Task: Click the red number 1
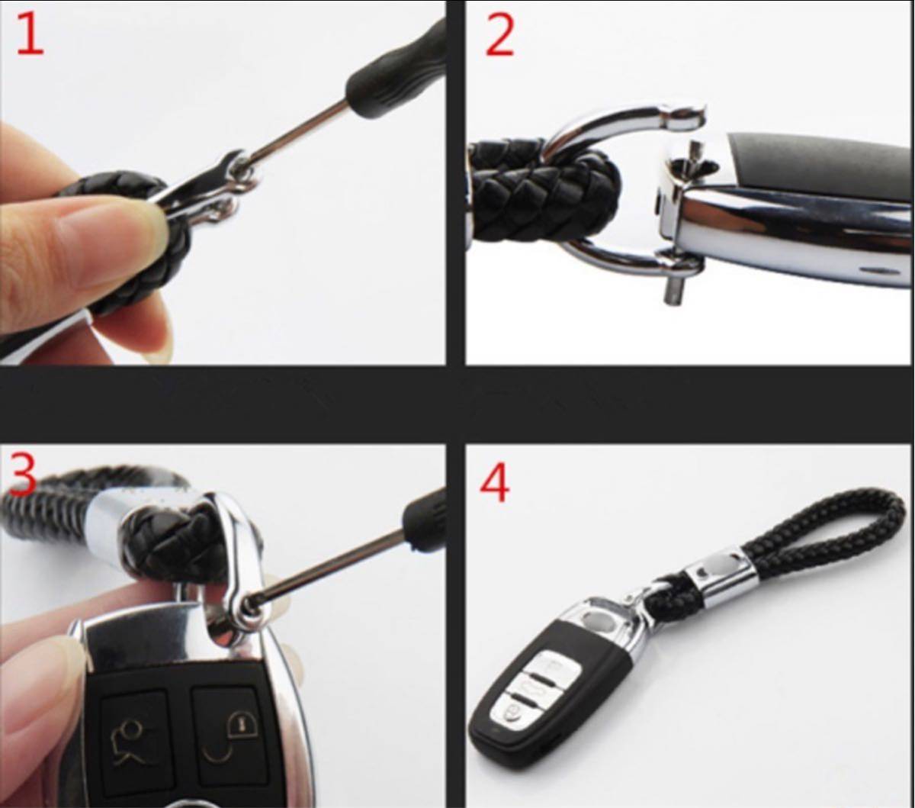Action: tap(30, 34)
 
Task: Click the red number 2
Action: tap(499, 35)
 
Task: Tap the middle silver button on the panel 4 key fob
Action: tap(532, 686)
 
